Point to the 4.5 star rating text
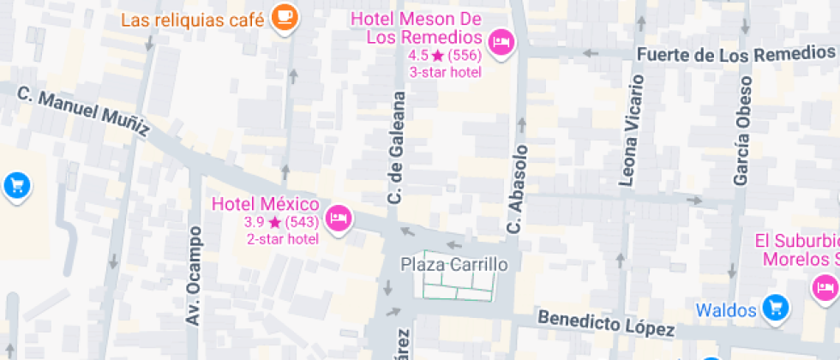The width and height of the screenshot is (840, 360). click(x=445, y=56)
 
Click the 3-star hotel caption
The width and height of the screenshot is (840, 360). click(x=445, y=72)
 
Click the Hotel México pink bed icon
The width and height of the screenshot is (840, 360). click(x=339, y=218)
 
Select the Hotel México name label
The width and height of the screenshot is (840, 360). click(x=265, y=204)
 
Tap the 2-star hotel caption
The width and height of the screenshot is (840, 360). click(x=282, y=238)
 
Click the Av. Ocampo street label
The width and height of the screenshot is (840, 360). click(x=194, y=275)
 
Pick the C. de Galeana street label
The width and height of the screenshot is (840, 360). click(x=396, y=148)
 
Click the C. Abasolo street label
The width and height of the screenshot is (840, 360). click(x=515, y=188)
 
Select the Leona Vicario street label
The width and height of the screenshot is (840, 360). click(x=631, y=131)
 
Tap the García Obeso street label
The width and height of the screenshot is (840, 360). click(x=742, y=131)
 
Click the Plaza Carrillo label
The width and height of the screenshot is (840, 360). click(x=454, y=264)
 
